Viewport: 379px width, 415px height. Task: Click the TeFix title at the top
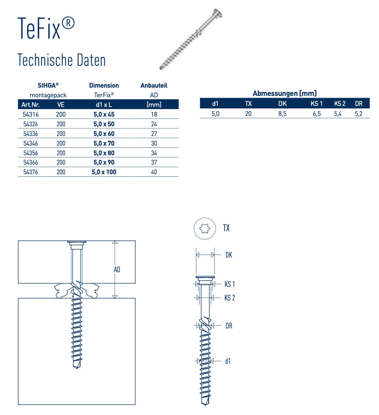pos(46,28)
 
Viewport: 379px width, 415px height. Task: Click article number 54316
pos(31,114)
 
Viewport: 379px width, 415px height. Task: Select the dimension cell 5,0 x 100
pos(104,172)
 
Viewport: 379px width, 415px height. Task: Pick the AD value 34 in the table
pos(154,153)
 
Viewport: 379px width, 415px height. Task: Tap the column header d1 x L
pos(104,105)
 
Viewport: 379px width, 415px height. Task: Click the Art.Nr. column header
pos(30,105)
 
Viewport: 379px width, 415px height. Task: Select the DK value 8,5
pos(282,114)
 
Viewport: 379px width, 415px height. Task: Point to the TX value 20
pos(248,114)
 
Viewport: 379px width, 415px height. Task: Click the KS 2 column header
pos(340,104)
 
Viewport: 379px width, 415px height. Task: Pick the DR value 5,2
pos(359,114)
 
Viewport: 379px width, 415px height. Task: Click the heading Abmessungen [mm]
pos(285,93)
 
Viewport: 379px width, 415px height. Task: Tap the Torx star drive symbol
pos(205,228)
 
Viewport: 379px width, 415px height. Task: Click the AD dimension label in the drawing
pos(117,270)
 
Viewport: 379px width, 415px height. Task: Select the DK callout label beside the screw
pos(229,255)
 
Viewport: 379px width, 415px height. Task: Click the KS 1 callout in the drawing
pos(230,284)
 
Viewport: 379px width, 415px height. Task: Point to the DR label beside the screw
pos(229,326)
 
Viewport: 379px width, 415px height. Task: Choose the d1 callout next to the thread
pos(228,361)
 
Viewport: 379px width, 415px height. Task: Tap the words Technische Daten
pos(61,60)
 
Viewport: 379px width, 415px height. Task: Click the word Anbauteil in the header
pos(154,86)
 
